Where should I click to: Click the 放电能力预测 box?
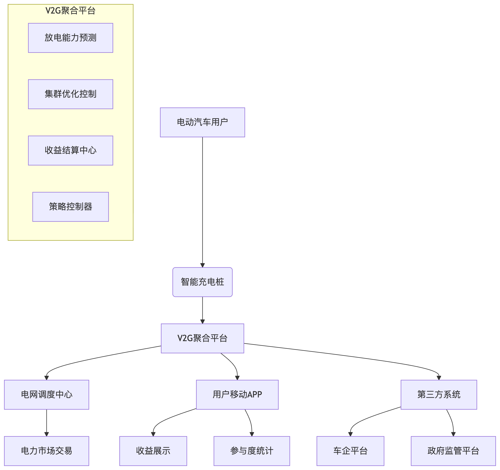pos(70,38)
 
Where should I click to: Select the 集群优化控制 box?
pos(70,94)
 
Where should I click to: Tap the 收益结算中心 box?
pos(70,150)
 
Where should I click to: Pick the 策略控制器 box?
pos(70,207)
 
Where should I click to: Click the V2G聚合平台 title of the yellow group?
pos(70,10)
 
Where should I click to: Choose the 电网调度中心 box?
pos(47,394)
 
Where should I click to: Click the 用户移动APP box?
pos(237,394)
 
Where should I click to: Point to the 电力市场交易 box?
pos(47,451)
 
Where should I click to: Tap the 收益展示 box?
pos(153,451)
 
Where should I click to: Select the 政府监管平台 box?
pos(453,451)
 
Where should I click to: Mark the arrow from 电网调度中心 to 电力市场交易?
pos(47,422)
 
